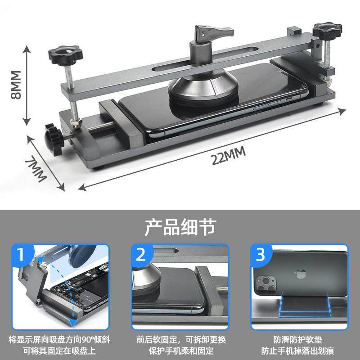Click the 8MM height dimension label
click(x=16, y=85)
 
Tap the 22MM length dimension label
click(x=229, y=156)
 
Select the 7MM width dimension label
click(x=36, y=169)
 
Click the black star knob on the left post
click(x=65, y=54)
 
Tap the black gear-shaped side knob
click(x=54, y=139)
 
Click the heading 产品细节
click(x=180, y=227)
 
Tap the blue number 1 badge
click(x=22, y=254)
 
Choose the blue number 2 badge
click(x=141, y=254)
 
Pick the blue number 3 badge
click(x=261, y=254)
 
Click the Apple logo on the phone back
click(x=300, y=274)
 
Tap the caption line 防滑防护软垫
click(x=298, y=340)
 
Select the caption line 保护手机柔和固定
click(x=181, y=351)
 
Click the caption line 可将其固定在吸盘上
click(x=59, y=351)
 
